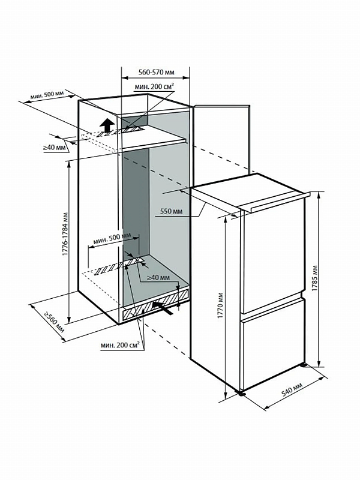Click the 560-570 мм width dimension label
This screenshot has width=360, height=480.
click(x=155, y=72)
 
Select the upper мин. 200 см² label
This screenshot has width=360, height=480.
click(x=155, y=88)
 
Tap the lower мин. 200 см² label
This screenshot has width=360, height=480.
click(x=121, y=344)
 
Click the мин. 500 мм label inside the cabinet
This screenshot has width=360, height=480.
click(x=112, y=238)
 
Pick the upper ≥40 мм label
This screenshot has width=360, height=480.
click(x=54, y=147)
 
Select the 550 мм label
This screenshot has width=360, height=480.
click(x=172, y=211)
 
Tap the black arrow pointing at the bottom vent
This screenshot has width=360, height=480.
click(x=161, y=305)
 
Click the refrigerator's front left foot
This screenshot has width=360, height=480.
click(x=241, y=394)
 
